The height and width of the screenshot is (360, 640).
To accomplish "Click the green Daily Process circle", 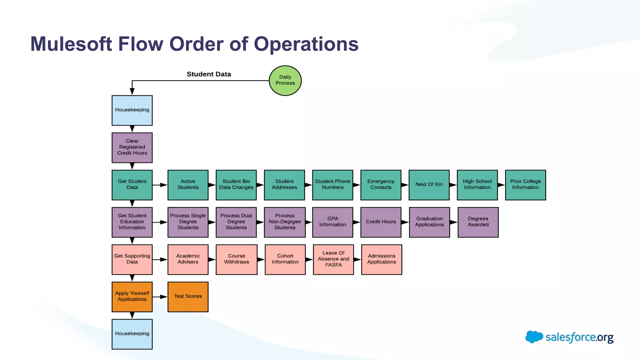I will coord(285,80).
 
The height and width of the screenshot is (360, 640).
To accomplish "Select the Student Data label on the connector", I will coord(209,74).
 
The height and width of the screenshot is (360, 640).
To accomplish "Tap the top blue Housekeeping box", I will coord(132,110).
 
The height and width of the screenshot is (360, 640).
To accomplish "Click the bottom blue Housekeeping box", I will coord(132,334).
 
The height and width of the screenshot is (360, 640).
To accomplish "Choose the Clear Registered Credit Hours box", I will coord(132,147).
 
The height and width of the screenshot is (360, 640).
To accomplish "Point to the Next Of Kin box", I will coord(429,185).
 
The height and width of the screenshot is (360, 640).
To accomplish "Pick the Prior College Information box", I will coord(525,185).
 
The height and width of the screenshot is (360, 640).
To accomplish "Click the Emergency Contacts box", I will coord(381,185).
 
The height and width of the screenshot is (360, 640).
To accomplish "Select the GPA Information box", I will coord(332,222).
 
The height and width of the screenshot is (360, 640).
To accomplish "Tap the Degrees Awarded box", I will coord(478,222).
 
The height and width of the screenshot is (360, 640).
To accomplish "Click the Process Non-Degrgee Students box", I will coord(284,222).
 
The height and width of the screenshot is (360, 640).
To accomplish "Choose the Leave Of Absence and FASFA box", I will coord(333,259).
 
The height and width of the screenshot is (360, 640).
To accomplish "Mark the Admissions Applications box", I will coord(382,259).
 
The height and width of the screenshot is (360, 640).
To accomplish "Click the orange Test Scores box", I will coord(188,297).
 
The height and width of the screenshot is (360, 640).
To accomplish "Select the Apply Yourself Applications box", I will coord(132,297).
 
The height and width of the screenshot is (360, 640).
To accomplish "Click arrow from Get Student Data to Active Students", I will coord(160,185).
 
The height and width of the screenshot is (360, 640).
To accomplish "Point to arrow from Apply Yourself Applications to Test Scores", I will coord(160,297).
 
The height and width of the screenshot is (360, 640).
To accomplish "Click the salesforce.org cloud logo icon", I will coord(534,337).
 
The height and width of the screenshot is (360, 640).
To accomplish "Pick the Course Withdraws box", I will coord(236,259).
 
